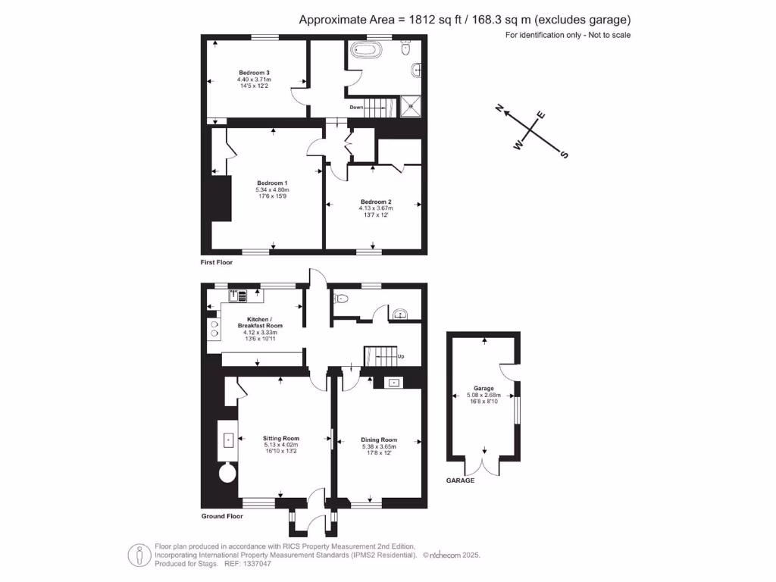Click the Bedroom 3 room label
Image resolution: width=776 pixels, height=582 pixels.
(253, 73)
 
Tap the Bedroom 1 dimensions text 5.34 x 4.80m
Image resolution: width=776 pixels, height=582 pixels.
(272, 189)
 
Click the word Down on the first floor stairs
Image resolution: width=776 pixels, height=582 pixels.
(356, 107)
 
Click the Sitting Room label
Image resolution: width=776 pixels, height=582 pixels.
(281, 438)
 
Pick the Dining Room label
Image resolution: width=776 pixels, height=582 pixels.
(379, 440)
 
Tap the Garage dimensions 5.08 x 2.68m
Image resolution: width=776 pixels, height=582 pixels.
(483, 395)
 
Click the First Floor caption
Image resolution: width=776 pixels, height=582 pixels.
(217, 262)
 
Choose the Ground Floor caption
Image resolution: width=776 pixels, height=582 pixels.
(222, 516)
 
